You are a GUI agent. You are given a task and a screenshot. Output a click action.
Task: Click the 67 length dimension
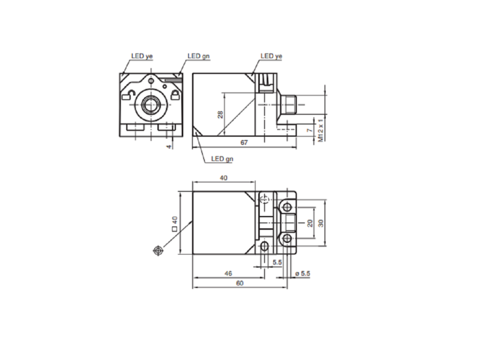(x=244, y=143)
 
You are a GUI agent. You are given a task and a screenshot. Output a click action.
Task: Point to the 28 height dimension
(x=220, y=115)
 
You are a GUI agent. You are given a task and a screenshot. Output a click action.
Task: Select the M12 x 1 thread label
(x=320, y=130)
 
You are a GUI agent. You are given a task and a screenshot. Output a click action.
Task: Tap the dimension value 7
(x=310, y=130)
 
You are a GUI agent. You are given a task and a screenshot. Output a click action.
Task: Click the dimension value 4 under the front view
(x=169, y=147)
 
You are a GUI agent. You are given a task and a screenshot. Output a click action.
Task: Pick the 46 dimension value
(x=228, y=274)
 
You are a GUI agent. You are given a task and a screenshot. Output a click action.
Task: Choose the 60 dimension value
(x=239, y=283)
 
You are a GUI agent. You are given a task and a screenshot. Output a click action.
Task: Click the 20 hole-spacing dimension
(x=310, y=223)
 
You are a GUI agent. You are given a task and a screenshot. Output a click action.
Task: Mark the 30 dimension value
(x=320, y=223)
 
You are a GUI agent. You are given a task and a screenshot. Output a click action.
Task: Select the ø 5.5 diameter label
(x=302, y=274)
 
